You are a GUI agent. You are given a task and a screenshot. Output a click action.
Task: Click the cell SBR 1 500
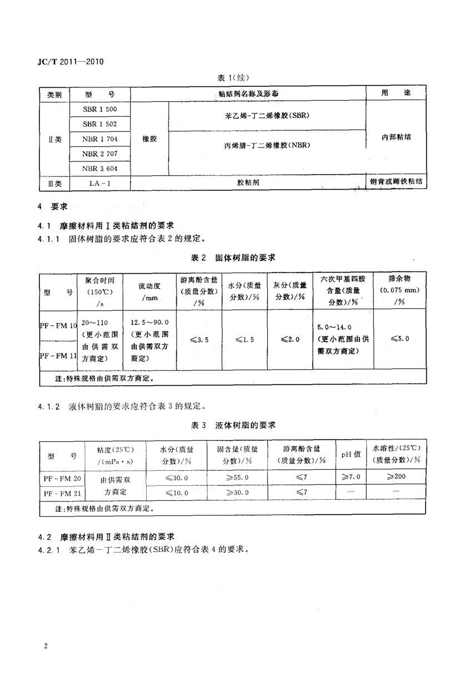click(x=99, y=110)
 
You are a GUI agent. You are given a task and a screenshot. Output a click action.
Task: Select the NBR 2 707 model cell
click(x=99, y=153)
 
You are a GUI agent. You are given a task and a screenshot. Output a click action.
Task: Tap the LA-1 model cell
click(x=99, y=183)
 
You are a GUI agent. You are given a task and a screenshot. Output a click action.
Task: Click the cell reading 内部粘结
click(x=396, y=136)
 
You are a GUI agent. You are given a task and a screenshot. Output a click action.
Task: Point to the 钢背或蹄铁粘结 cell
click(x=396, y=182)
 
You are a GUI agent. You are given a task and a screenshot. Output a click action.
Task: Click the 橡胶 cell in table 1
click(x=149, y=139)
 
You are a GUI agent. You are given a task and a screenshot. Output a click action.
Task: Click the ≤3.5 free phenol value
click(x=199, y=339)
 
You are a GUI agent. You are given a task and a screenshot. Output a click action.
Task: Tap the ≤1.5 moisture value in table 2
click(x=244, y=339)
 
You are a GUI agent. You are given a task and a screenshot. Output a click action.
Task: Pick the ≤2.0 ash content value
click(x=290, y=339)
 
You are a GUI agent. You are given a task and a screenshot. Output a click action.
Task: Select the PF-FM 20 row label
click(x=62, y=478)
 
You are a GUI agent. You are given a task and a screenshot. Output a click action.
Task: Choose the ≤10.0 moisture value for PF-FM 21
click(x=177, y=493)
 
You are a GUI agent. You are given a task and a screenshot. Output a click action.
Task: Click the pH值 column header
click(x=351, y=455)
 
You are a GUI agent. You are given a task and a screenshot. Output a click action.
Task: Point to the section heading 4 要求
click(x=52, y=206)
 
